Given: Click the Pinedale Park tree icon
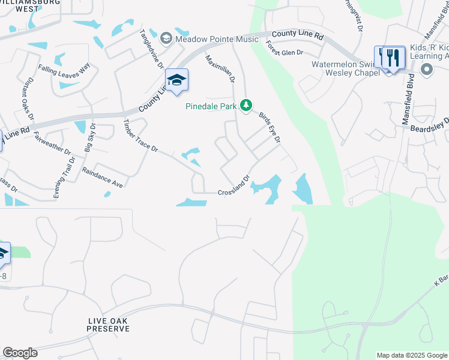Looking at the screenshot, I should coord(245,106).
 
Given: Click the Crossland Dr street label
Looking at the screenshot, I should coord(234,185).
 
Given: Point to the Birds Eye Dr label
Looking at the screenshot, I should coord(270,127).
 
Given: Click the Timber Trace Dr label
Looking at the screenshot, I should coord(140,135).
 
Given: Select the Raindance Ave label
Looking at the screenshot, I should coord(103,179).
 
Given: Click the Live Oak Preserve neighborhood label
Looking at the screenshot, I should coord(107,325).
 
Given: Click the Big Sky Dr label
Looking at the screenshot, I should coord(90,138).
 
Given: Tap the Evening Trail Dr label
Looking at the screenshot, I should coord(64,178).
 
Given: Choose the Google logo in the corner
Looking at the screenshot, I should coord(20,353).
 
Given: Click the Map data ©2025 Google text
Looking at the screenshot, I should coord(411,355).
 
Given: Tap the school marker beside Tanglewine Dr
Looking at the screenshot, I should coord(176,80).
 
